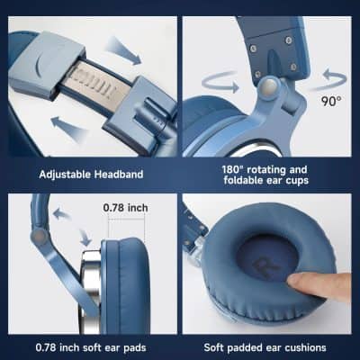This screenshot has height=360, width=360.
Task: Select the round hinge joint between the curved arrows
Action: (269, 86)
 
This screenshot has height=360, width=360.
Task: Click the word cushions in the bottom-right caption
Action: (301, 346)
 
